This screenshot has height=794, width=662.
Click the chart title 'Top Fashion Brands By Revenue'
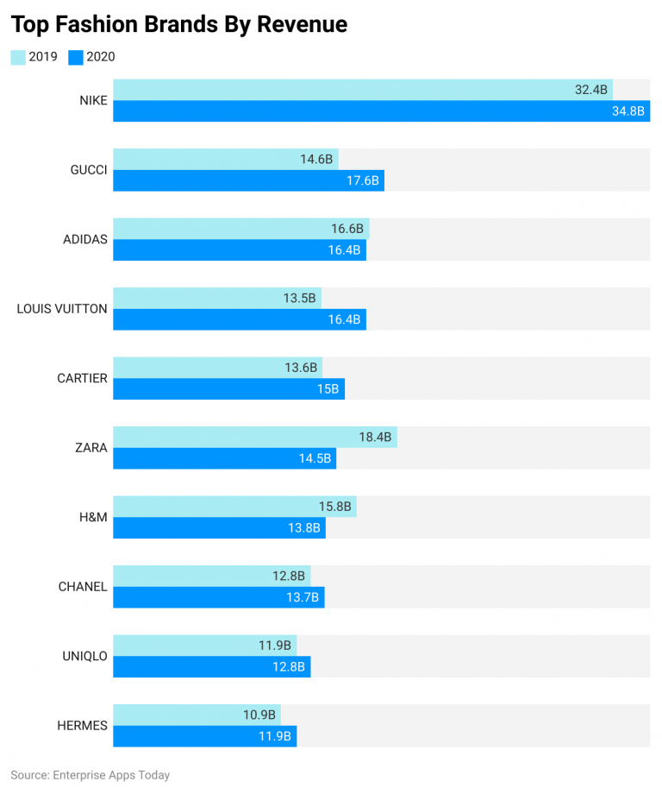[x=179, y=25]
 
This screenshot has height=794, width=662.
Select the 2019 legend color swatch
[x=18, y=57]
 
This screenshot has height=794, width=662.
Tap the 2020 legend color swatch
[x=76, y=57]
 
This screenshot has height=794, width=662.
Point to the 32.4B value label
[x=590, y=90]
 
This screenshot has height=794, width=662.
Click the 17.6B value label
[x=362, y=181]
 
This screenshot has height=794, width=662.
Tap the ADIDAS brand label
[x=85, y=239]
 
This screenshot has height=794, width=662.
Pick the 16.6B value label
[x=348, y=229]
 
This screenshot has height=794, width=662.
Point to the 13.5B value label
[x=300, y=299]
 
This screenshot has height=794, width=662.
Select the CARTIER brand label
[x=82, y=378]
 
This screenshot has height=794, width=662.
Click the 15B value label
[x=328, y=389]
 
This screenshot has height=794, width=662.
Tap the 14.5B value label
[x=315, y=459]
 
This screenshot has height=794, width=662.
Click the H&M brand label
[x=93, y=517]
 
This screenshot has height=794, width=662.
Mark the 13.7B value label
[x=303, y=598]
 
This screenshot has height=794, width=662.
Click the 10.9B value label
[x=259, y=715]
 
